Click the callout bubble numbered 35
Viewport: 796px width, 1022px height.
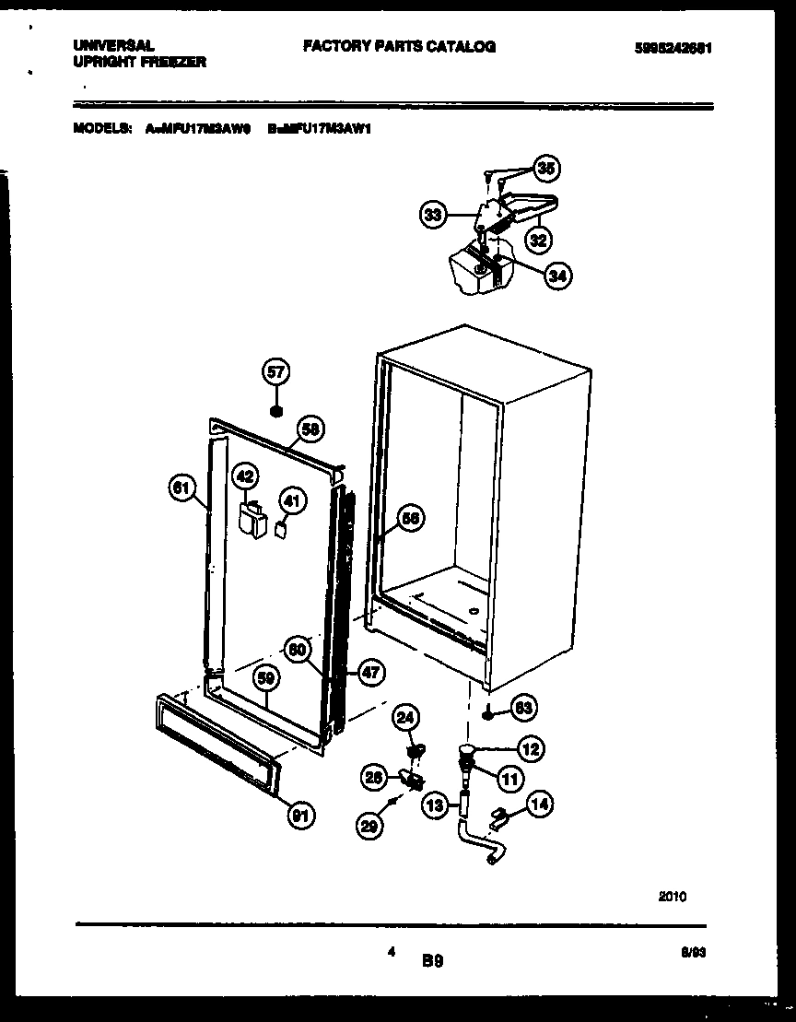pyautogui.click(x=547, y=169)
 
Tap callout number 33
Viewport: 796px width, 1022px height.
pyautogui.click(x=432, y=216)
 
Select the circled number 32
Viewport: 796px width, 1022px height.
pyautogui.click(x=538, y=241)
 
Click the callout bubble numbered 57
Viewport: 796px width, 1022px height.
pyautogui.click(x=275, y=372)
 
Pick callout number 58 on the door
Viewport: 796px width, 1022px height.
pyautogui.click(x=310, y=429)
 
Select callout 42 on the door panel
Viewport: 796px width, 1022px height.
pyautogui.click(x=244, y=476)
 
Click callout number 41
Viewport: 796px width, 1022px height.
pyautogui.click(x=290, y=501)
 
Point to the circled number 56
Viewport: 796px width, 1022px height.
pyautogui.click(x=411, y=519)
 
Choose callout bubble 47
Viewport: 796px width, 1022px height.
pyautogui.click(x=370, y=673)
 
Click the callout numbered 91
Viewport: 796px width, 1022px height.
pyautogui.click(x=300, y=814)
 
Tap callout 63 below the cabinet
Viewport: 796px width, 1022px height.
pyautogui.click(x=523, y=708)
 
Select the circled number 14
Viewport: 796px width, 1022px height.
pyautogui.click(x=540, y=805)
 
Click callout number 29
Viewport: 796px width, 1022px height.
pyautogui.click(x=370, y=828)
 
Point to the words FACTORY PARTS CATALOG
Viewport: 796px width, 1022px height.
pyautogui.click(x=399, y=46)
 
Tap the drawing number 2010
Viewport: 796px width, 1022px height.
pyautogui.click(x=672, y=895)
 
